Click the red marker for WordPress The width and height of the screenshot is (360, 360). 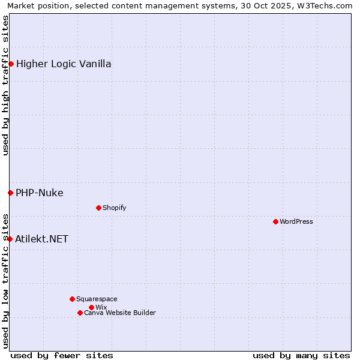[x=275, y=221]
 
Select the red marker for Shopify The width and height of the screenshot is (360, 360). [x=98, y=208]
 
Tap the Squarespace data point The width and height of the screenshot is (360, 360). [x=72, y=299]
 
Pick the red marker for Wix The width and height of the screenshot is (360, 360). [x=91, y=307]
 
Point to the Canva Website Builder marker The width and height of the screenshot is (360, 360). [x=80, y=313]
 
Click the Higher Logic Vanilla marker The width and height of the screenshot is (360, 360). [x=11, y=64]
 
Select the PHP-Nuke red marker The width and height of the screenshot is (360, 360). [x=10, y=193]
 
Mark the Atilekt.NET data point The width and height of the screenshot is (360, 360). [x=10, y=239]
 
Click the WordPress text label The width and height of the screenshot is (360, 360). [x=296, y=221]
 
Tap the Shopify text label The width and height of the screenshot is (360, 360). [x=115, y=208]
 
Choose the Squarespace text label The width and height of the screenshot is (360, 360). [x=97, y=299]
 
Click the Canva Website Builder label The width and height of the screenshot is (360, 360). [x=120, y=313]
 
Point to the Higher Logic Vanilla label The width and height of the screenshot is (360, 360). [x=64, y=64]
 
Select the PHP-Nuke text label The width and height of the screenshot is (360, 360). [x=40, y=193]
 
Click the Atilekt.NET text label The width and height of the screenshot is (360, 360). [x=42, y=239]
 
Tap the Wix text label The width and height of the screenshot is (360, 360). [x=101, y=307]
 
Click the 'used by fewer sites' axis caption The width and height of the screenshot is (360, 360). [x=62, y=355]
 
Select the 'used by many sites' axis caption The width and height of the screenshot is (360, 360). [x=301, y=355]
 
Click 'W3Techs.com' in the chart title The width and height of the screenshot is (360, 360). [x=327, y=5]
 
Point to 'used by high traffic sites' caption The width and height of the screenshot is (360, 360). [x=5, y=85]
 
